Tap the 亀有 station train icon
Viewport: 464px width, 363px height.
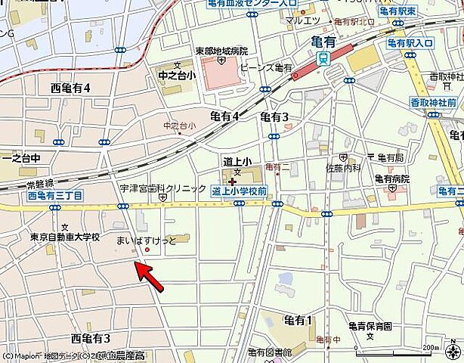[323, 58]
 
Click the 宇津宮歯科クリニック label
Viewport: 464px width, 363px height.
[162, 188]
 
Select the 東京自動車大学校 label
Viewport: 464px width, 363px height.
[65, 237]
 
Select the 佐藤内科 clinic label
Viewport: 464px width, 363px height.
[342, 168]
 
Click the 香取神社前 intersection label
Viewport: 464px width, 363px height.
[433, 102]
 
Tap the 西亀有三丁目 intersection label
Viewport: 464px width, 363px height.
[54, 195]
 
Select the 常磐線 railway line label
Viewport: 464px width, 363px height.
[39, 184]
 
